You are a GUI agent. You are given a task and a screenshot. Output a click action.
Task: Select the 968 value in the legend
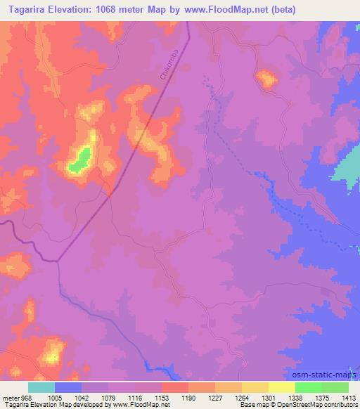click(27, 397)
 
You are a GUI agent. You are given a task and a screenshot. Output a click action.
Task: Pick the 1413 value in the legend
click(349, 397)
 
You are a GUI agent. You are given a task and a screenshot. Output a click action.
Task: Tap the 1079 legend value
click(108, 397)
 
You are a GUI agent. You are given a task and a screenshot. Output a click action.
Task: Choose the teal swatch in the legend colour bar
click(41, 387)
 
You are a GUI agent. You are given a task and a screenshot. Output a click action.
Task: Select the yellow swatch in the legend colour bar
click(282, 387)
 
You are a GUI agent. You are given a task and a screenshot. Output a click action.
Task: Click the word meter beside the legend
click(10, 397)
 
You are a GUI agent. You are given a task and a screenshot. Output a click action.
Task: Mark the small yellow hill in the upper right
click(267, 79)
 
